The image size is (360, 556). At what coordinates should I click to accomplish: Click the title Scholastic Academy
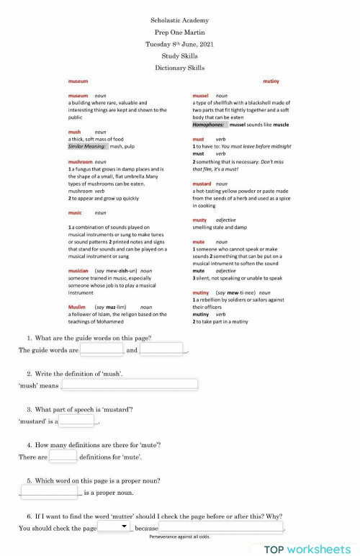click(x=180, y=21)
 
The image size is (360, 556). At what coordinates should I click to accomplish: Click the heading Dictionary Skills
click(x=180, y=68)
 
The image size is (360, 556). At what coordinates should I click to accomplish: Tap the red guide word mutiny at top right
click(x=271, y=81)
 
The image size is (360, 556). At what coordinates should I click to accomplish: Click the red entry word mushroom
click(x=80, y=162)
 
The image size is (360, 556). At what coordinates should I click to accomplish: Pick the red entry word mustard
click(x=202, y=184)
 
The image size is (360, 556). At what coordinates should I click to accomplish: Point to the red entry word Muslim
click(x=77, y=307)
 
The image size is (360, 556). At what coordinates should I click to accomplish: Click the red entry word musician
click(x=78, y=270)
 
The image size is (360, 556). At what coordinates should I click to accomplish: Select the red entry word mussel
click(x=201, y=96)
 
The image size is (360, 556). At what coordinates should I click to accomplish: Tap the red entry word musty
click(x=199, y=220)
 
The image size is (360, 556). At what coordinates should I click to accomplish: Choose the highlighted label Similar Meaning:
click(x=87, y=146)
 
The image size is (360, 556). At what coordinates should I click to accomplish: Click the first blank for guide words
click(x=102, y=350)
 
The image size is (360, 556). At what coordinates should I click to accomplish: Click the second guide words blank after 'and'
click(x=161, y=350)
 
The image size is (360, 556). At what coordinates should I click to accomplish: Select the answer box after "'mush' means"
click(x=129, y=385)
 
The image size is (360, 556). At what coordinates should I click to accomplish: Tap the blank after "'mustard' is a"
click(x=77, y=421)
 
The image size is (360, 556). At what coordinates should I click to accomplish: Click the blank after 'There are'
click(x=63, y=456)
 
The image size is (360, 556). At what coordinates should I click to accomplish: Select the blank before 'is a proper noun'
click(x=50, y=492)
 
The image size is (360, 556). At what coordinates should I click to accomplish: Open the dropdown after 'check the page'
click(x=115, y=527)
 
